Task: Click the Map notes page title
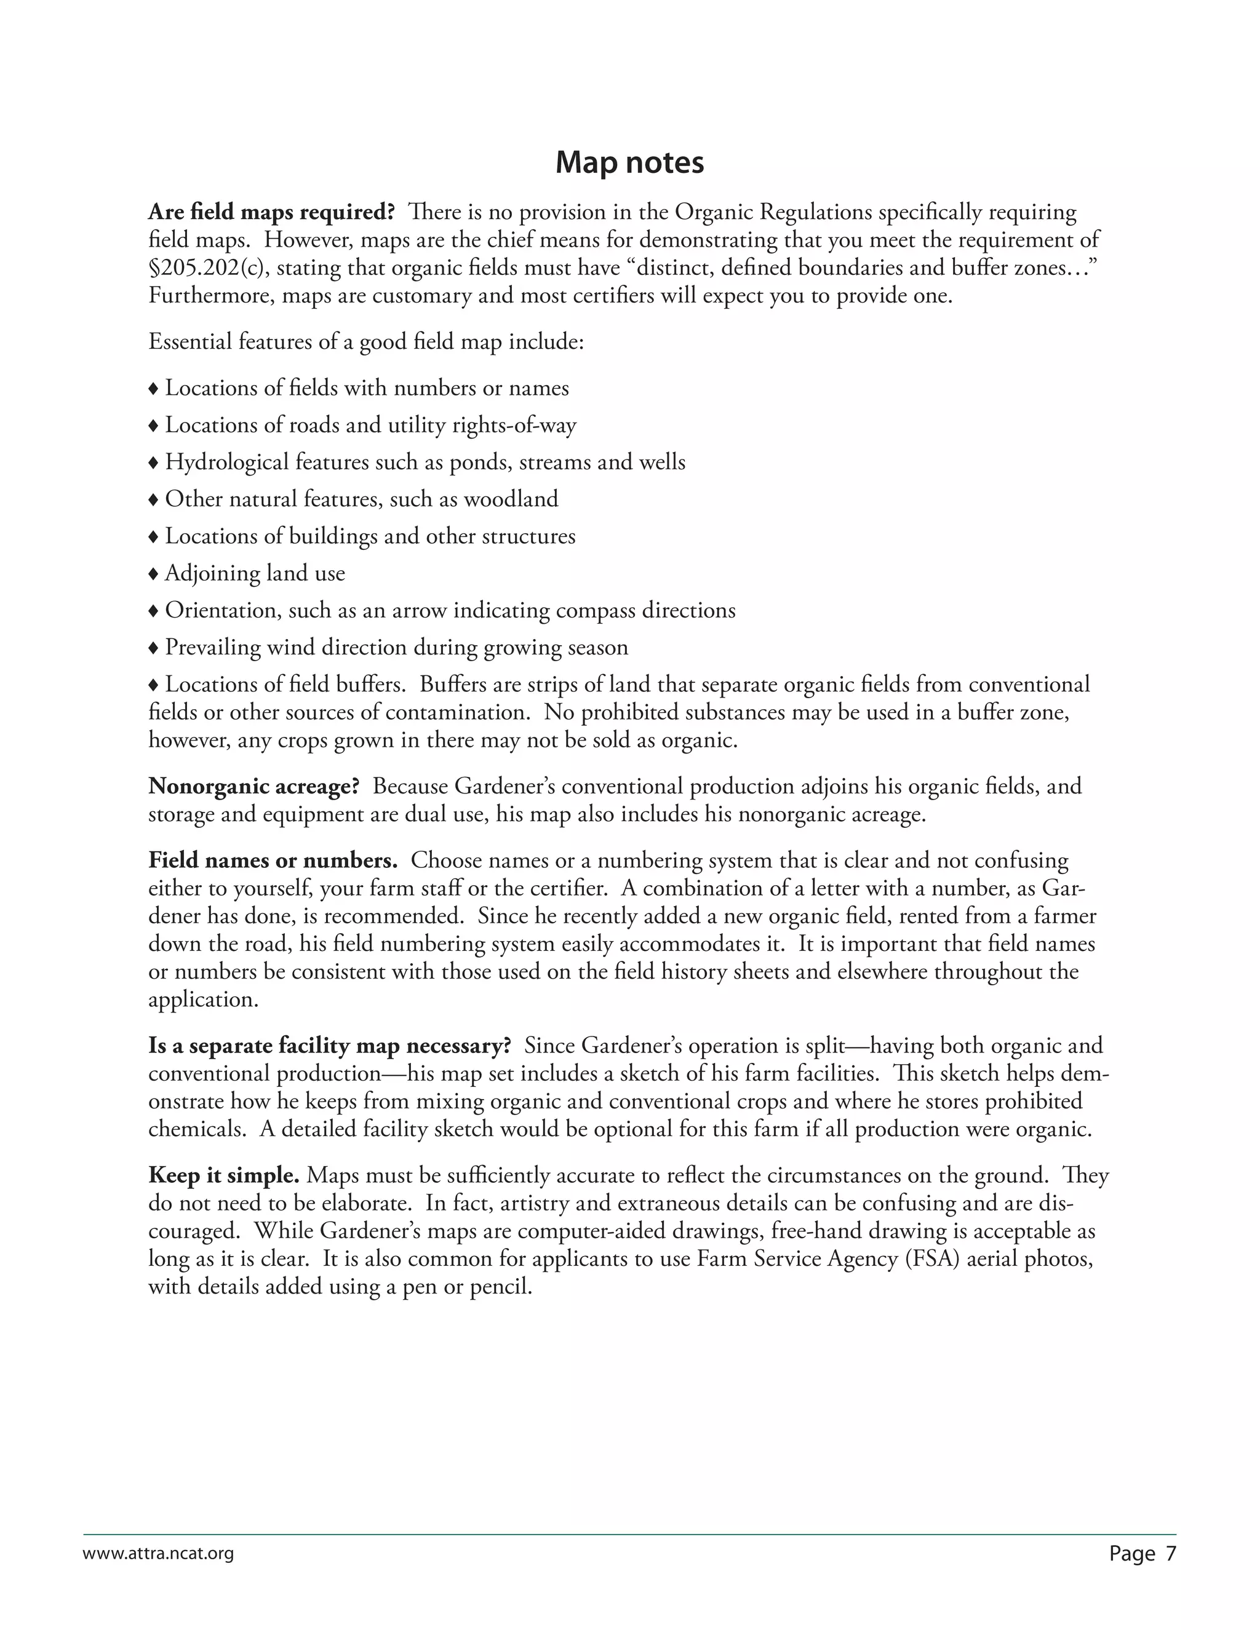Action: [629, 163]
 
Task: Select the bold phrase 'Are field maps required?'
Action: [271, 213]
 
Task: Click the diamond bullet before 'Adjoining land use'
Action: [154, 574]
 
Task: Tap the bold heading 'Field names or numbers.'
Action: [273, 861]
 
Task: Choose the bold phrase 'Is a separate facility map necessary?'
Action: [329, 1046]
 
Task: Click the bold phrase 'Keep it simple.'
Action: [223, 1175]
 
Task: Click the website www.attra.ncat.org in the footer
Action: [158, 1554]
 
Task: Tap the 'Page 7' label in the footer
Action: [1142, 1554]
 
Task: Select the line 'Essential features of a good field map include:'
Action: [366, 342]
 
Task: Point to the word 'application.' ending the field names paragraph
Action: [203, 1000]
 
